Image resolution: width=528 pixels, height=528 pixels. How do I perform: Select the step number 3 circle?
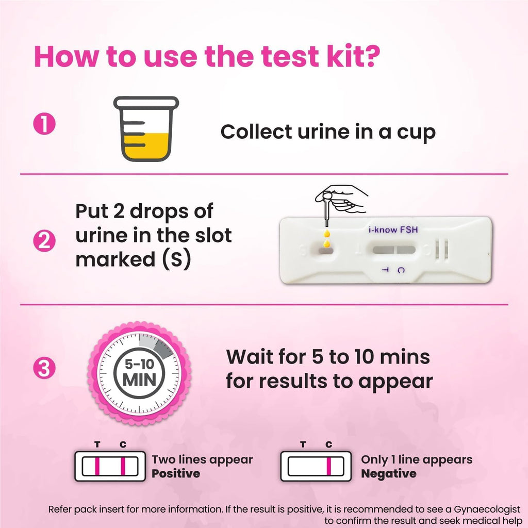click(x=44, y=369)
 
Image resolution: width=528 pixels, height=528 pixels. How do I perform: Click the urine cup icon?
click(x=146, y=129)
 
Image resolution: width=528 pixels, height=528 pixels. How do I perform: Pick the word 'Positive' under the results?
click(x=176, y=473)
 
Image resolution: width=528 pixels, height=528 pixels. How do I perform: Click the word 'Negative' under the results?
click(x=388, y=473)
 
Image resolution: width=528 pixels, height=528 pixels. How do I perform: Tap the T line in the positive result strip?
click(x=96, y=467)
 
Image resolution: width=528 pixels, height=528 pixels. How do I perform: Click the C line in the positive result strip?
click(x=123, y=467)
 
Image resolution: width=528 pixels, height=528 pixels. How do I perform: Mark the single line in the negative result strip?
click(x=328, y=467)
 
